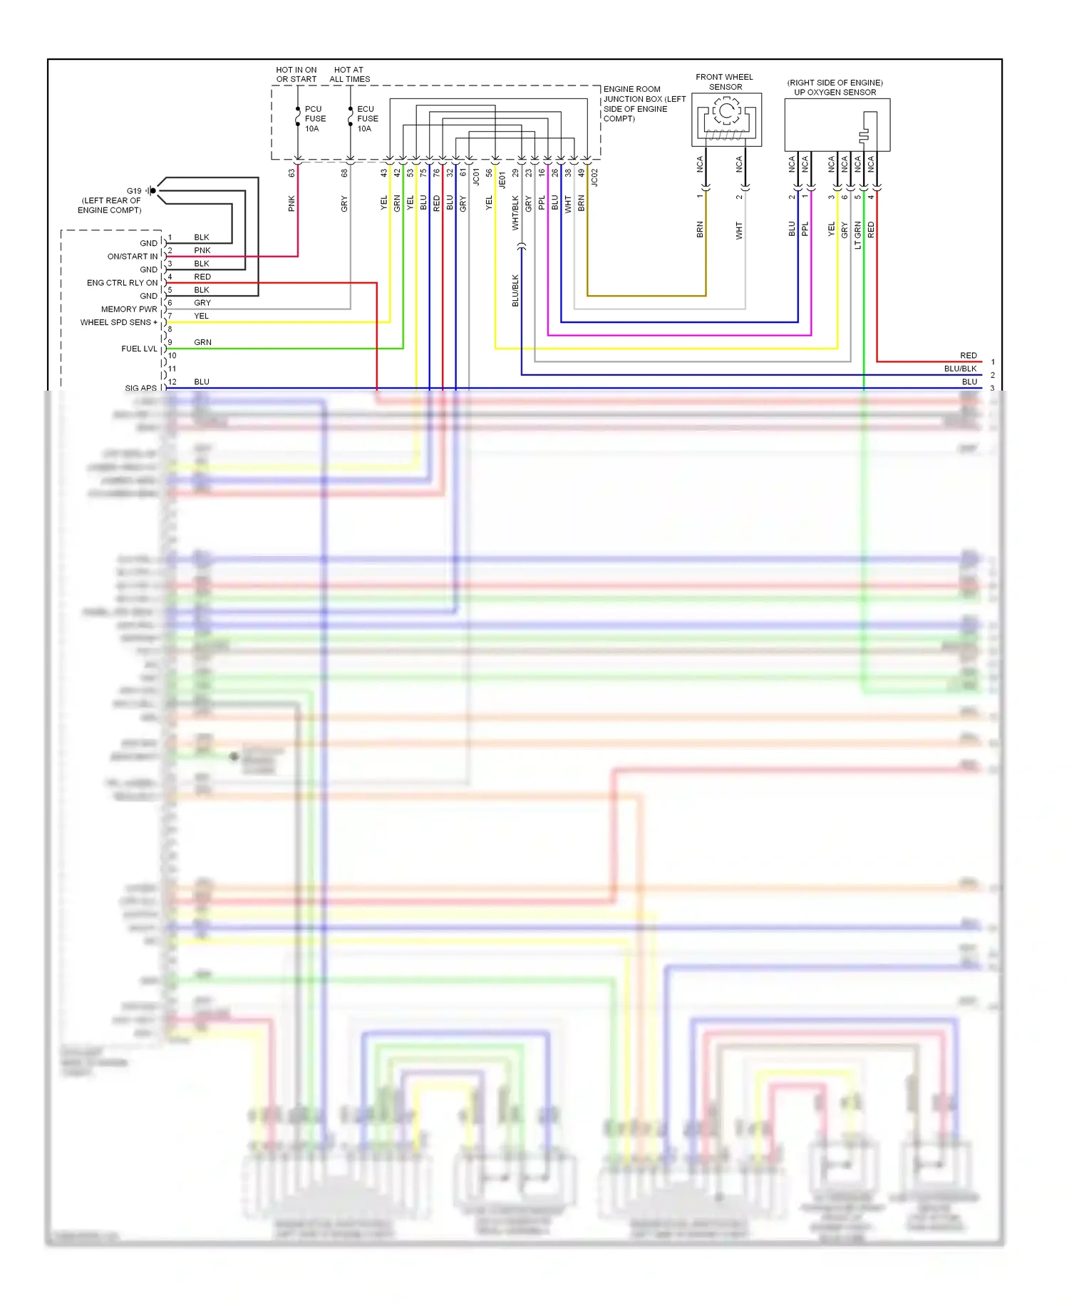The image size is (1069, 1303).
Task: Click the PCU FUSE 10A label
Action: coord(315,119)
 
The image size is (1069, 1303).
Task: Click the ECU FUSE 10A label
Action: coord(367,119)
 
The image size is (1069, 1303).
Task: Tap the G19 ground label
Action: coord(134,191)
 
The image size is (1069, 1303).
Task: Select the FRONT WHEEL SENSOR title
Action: coord(724,82)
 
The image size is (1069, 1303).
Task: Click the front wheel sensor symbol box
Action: coord(726,120)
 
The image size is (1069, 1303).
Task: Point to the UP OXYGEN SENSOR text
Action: coord(835,93)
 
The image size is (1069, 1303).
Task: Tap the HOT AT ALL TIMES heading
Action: coord(349,75)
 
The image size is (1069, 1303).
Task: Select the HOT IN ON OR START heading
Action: coord(296,75)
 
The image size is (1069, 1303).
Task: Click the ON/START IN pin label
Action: coord(133,257)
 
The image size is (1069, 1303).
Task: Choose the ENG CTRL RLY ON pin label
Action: coord(122,283)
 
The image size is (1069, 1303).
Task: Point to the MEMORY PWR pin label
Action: coord(129,309)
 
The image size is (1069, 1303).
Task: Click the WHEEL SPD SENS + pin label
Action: coord(118,322)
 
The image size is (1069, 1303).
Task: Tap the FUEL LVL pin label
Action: coord(139,349)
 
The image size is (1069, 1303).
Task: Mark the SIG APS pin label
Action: coord(140,388)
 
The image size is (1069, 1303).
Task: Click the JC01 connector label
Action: coord(476,176)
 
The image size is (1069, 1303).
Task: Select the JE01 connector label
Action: coord(502,179)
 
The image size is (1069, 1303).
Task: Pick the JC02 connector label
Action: coord(594,177)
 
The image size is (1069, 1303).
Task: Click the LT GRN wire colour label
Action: coord(857,235)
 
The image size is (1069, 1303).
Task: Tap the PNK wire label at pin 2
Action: coord(202,251)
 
